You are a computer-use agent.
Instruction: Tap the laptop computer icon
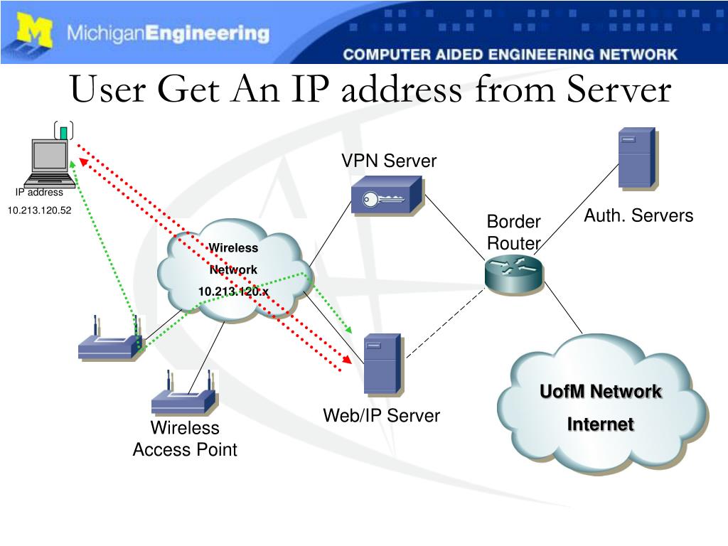50,161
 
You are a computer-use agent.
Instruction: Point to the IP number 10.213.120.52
40,210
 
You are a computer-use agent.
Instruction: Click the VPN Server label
388,161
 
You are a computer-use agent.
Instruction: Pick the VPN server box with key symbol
387,196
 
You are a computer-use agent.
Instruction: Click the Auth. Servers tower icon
636,159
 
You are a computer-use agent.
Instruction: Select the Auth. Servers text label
638,215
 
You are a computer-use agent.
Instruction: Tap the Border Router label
513,232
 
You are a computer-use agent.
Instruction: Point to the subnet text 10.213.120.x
233,291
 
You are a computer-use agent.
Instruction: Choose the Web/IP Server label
382,415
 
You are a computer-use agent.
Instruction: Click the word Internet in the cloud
600,424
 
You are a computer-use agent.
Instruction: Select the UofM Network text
600,392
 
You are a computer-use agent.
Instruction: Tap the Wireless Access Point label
185,439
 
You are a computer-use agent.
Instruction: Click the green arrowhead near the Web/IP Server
348,329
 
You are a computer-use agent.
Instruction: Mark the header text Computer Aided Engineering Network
510,54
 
